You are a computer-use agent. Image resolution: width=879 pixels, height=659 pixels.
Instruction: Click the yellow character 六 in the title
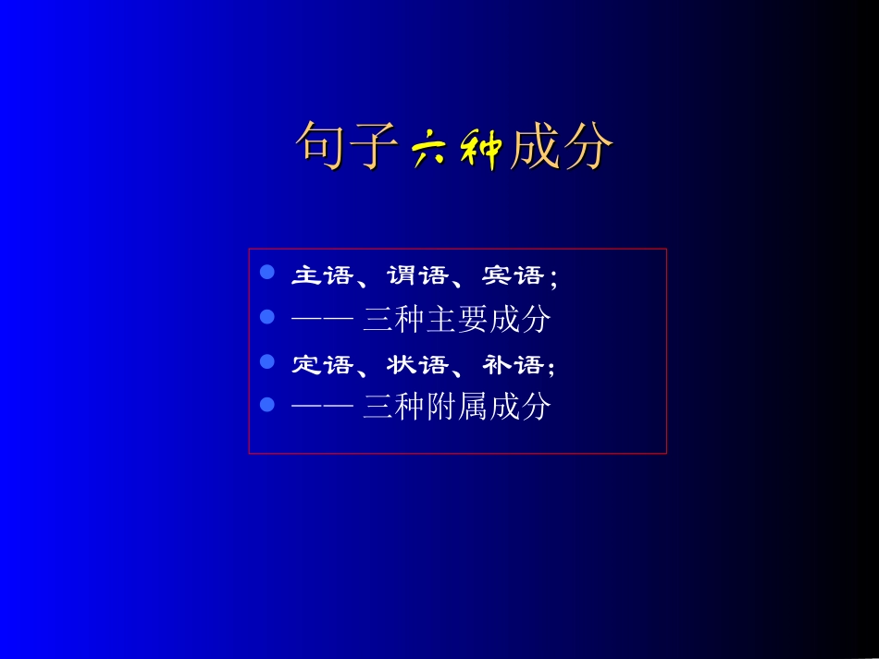(428, 148)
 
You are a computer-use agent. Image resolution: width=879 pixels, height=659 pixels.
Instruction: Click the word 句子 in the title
(348, 146)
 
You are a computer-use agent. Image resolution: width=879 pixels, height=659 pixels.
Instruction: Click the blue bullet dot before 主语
(267, 273)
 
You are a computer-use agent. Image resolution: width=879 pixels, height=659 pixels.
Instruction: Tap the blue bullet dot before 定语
(267, 361)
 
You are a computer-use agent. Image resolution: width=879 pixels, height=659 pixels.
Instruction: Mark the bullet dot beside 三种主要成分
(267, 317)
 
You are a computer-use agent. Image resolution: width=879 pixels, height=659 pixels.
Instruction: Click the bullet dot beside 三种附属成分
(267, 404)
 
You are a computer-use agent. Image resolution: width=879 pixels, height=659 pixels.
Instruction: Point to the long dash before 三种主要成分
(323, 320)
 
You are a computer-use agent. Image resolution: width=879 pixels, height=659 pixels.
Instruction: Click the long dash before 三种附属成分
(323, 407)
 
